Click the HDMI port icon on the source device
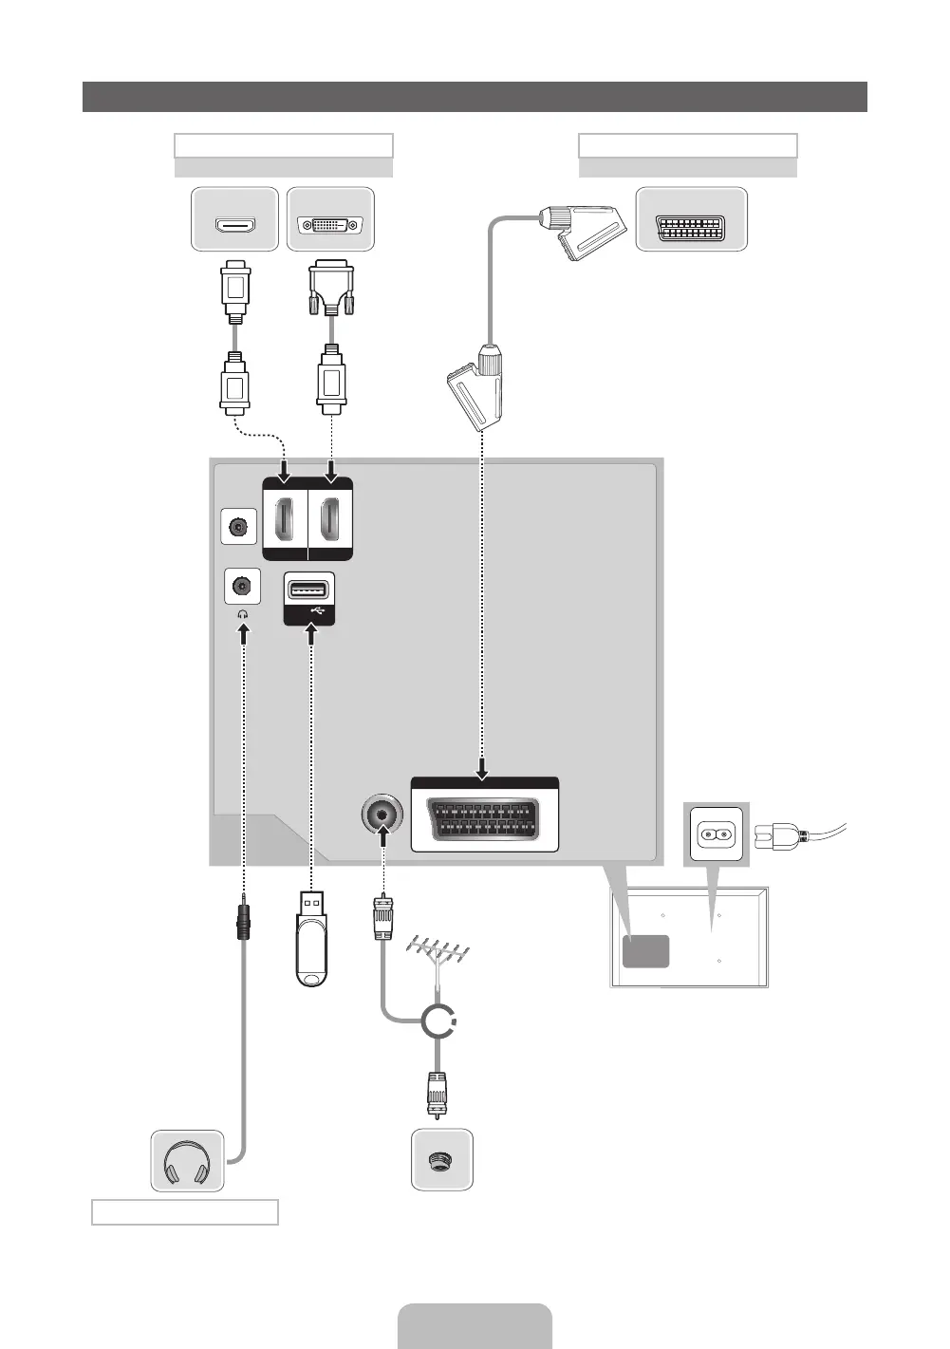pyautogui.click(x=234, y=226)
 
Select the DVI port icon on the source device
pyautogui.click(x=330, y=226)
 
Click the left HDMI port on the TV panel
pyautogui.click(x=284, y=519)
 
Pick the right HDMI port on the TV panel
pyautogui.click(x=330, y=519)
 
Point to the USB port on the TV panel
pyautogui.click(x=308, y=590)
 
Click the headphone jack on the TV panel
pyautogui.click(x=242, y=585)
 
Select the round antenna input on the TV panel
pyautogui.click(x=382, y=815)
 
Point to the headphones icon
pyautogui.click(x=187, y=1161)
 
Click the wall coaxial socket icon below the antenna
pyautogui.click(x=441, y=1160)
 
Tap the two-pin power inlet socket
pyautogui.click(x=716, y=835)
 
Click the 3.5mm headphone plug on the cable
pyautogui.click(x=244, y=918)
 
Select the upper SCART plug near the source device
pyautogui.click(x=580, y=233)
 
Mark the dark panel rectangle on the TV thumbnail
pyautogui.click(x=645, y=951)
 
